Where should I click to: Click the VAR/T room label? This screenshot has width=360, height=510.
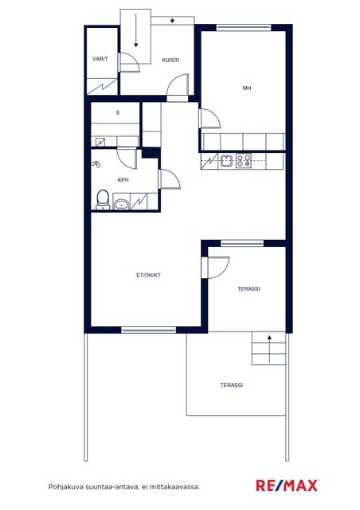coord(100,59)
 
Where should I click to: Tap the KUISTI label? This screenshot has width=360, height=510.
coord(170,60)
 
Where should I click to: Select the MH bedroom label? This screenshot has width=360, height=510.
coord(247,88)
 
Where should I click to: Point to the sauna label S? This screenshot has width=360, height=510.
coord(118,112)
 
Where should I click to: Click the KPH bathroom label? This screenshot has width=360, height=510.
coord(123,179)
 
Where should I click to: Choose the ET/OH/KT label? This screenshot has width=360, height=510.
coord(149,275)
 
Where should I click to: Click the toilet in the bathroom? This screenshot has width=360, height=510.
coord(103,200)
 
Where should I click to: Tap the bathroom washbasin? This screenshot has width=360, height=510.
coord(121,205)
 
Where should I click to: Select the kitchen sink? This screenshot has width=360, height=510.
coord(226,160)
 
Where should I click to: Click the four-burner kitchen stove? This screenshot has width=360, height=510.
coord(244,160)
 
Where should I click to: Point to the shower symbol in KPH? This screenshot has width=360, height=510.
coord(96,164)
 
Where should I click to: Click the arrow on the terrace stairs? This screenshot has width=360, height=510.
coord(269,349)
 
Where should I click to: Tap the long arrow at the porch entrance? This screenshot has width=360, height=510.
coord(136,30)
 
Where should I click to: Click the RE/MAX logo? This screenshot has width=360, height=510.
coord(287,485)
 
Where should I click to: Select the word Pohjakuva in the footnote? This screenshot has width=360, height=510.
coord(66,487)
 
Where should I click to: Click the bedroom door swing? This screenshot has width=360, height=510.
coord(209,119)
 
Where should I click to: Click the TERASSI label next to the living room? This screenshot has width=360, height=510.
coord(248,288)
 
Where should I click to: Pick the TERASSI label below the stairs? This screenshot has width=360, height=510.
coord(232,385)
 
